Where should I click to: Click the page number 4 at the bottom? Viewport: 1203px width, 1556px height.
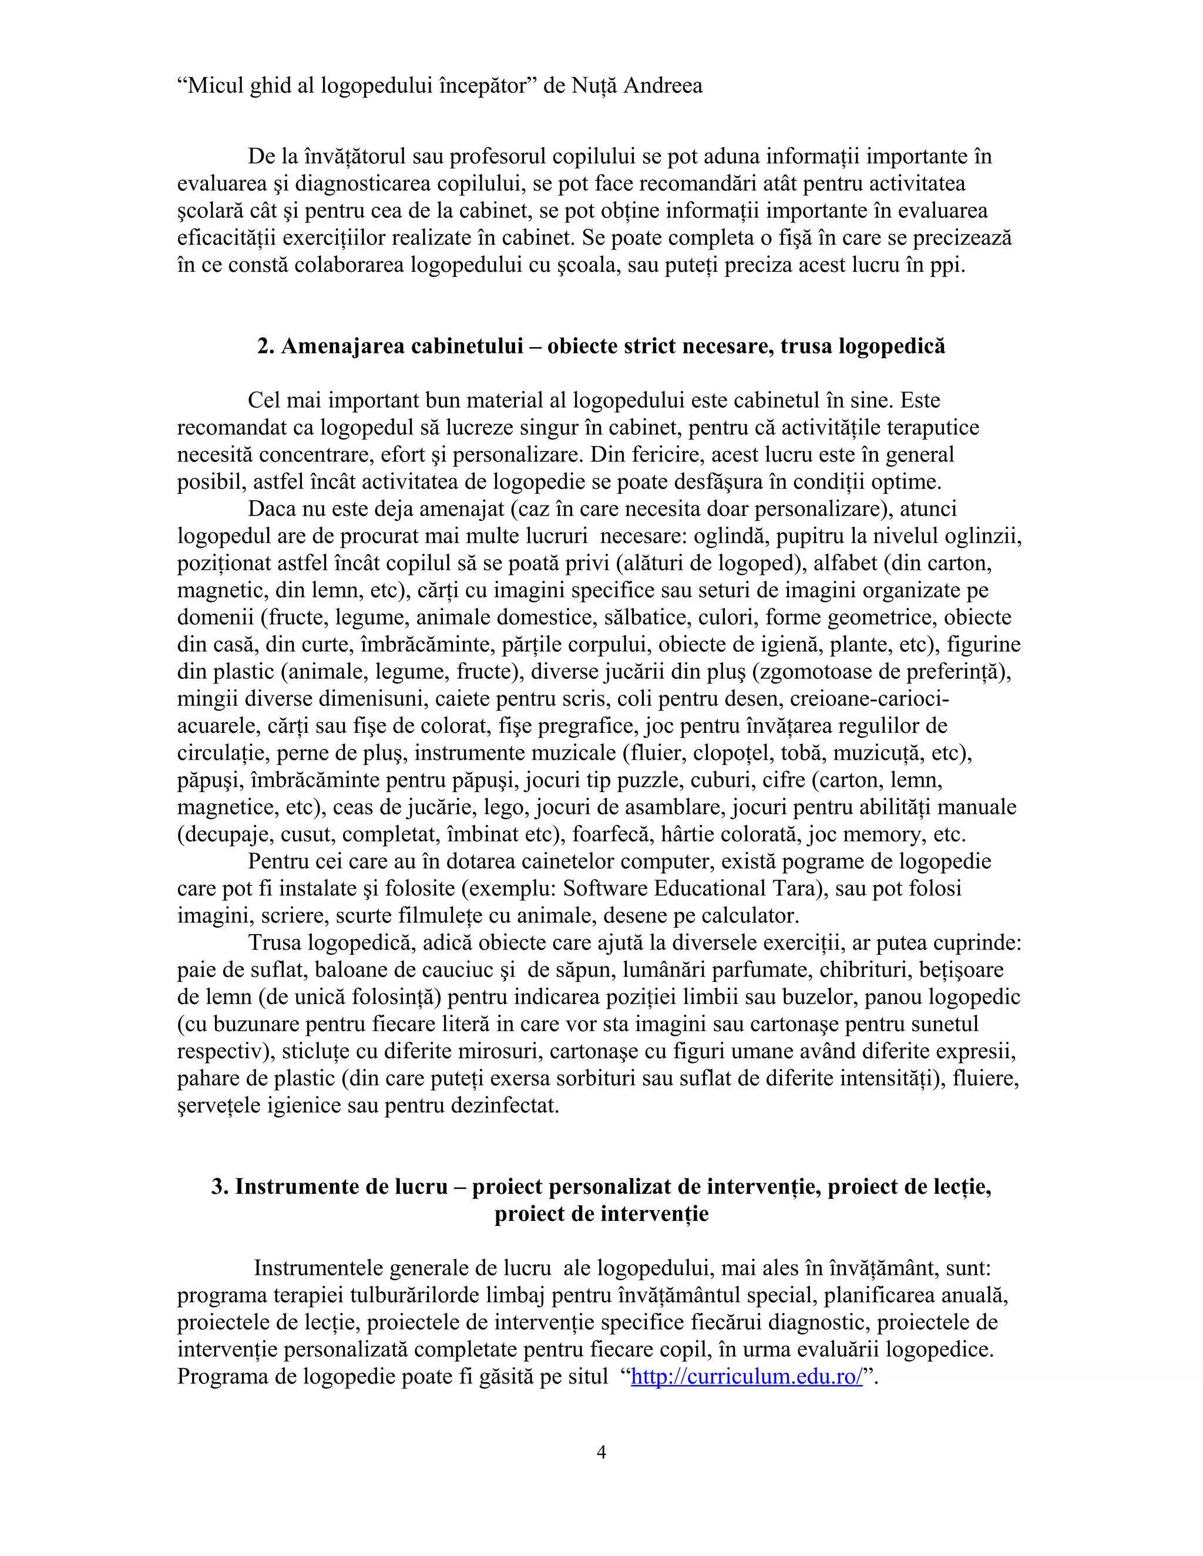(601, 1452)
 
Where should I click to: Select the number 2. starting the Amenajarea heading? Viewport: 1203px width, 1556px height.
(266, 346)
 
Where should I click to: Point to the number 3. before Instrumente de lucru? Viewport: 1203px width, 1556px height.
(220, 1186)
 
